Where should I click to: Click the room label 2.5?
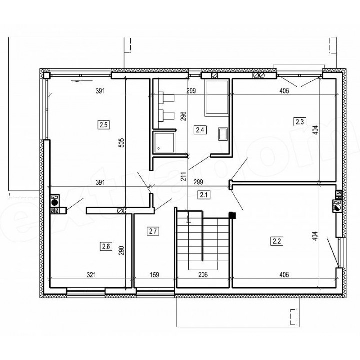point(104,125)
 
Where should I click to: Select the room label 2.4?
point(200,130)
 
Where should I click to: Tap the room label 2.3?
point(300,122)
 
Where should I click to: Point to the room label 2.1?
point(204,195)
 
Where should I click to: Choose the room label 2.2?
point(277,241)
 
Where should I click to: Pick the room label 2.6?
point(106,247)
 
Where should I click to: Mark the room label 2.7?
point(153,231)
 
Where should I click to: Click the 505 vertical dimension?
point(122,142)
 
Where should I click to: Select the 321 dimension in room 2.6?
point(91,275)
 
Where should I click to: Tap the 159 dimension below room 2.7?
point(154,275)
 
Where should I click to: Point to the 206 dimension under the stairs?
point(203,275)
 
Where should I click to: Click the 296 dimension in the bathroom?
point(183,116)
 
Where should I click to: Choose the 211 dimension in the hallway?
point(183,177)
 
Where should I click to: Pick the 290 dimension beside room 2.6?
point(121,250)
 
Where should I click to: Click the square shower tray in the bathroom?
point(165,143)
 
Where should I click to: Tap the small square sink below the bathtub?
point(223,134)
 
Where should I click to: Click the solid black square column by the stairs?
point(232,215)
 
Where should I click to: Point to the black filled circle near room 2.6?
point(55,202)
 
